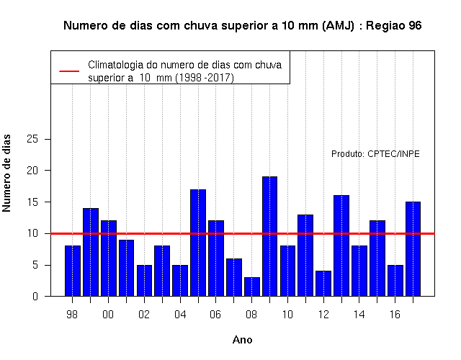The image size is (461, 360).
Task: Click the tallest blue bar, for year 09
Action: click(x=269, y=236)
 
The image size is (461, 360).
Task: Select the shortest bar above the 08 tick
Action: click(x=252, y=287)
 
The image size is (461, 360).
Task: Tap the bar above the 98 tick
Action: click(x=73, y=271)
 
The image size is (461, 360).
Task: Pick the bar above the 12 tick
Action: click(x=323, y=283)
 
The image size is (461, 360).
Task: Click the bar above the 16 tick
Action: click(x=395, y=280)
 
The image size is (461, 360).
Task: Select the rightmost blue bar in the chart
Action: click(x=413, y=249)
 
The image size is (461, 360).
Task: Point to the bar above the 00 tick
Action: click(x=109, y=258)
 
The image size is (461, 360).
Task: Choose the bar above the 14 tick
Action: click(x=359, y=271)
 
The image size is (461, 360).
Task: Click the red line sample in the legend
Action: click(x=69, y=71)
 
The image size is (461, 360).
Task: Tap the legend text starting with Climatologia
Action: click(x=184, y=71)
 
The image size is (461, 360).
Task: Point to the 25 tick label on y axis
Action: click(x=32, y=139)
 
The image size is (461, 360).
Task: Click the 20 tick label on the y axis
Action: click(x=32, y=171)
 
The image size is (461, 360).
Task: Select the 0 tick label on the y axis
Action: click(x=35, y=297)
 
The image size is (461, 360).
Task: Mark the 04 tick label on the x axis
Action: click(x=180, y=315)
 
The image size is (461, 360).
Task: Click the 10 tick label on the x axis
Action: click(x=287, y=315)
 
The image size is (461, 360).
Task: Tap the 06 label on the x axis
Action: click(x=215, y=315)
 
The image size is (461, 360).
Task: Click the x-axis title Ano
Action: click(x=242, y=340)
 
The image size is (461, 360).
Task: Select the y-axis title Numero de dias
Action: click(x=6, y=174)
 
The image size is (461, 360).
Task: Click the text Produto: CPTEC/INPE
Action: click(x=375, y=154)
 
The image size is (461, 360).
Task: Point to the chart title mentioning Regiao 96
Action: click(x=243, y=26)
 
